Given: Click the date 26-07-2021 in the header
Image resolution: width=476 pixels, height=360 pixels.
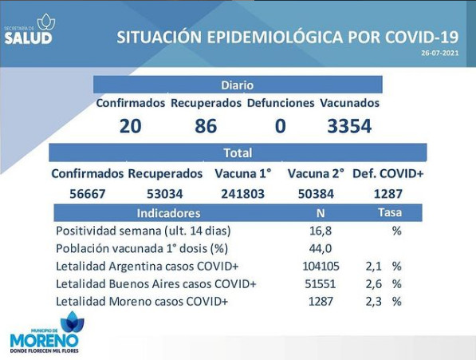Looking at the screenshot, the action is coord(440,53).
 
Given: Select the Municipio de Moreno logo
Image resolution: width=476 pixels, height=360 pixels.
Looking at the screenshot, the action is coord(45,332).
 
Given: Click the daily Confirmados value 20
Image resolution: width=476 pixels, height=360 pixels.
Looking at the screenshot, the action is coord(130,126).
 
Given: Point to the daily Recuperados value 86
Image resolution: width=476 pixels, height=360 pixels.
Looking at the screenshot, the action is coord(206,126).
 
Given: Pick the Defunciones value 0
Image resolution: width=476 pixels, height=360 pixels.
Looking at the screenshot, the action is coord(280,126).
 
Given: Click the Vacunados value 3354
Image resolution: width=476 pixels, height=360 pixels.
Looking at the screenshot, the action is coord(349,126).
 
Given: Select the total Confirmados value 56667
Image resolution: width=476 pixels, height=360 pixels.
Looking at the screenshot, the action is coord(88,193).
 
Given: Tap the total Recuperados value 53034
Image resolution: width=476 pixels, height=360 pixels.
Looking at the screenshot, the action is coord(165,193).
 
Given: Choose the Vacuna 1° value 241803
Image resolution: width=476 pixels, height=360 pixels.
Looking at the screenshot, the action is coord(243,193).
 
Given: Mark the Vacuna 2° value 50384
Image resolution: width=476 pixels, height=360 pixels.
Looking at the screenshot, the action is coord(316,193).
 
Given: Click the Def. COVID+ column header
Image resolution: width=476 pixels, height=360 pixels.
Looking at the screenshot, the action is coord(387,174).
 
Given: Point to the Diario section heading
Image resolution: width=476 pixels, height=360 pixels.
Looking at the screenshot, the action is coord(238,85).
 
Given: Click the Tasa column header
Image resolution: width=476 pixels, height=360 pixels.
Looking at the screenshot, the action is coord(390,212).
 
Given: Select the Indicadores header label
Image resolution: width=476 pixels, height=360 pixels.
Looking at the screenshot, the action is coord(168,213).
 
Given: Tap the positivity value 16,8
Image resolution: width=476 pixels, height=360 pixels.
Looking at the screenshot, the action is coord(321,231).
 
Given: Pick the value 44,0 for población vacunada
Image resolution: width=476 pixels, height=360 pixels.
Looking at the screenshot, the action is coord(321,248).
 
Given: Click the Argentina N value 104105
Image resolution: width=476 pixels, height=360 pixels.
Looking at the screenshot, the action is coord(321,266).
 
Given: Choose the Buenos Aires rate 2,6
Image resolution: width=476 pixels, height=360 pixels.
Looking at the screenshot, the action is coord(374,283).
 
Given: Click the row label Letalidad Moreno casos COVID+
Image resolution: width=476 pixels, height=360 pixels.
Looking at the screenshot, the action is coord(142,302).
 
